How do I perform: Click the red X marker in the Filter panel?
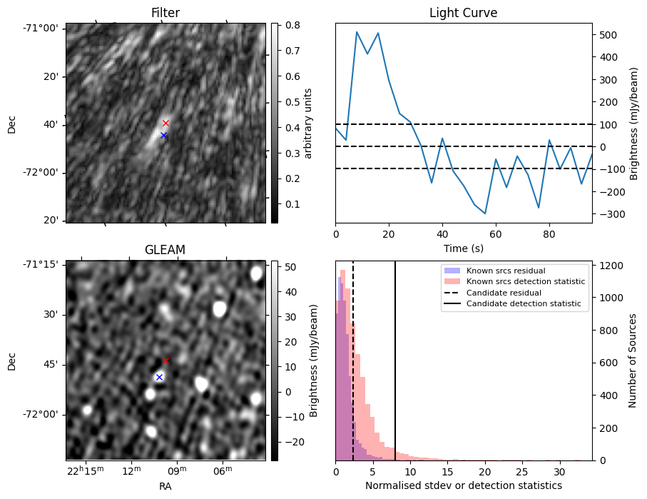[x=165, y=123]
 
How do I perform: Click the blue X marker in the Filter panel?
[x=163, y=135]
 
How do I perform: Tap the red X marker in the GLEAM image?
[x=166, y=361]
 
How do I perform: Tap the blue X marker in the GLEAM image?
[x=159, y=377]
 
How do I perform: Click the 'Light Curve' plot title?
[x=463, y=14]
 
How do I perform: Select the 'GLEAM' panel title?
[x=165, y=250]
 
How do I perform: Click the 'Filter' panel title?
[x=165, y=14]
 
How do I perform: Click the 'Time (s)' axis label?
[x=463, y=247]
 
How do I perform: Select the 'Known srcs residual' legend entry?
[x=505, y=271]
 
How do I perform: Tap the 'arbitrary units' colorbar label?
[x=308, y=123]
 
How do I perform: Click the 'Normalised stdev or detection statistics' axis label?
[x=463, y=485]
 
